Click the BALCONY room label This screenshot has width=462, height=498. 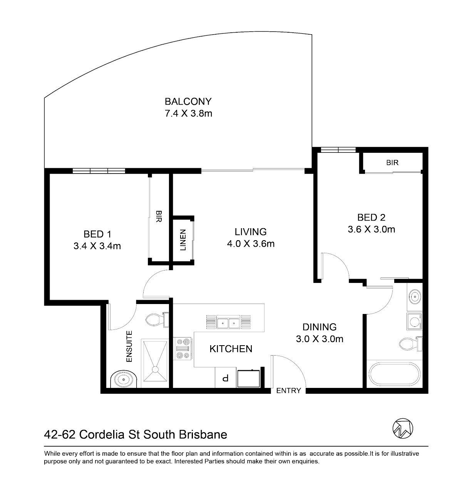[188, 102]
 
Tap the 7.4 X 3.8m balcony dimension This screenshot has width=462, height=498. [188, 114]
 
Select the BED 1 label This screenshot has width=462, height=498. [97, 234]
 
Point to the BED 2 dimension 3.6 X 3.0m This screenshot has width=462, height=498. [372, 229]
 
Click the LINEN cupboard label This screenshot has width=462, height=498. [183, 240]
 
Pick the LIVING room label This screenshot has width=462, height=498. [251, 232]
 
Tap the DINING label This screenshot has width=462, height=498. [320, 327]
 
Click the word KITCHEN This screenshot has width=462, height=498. [231, 349]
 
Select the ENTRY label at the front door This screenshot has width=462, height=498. [289, 390]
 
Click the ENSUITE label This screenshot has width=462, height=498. [129, 346]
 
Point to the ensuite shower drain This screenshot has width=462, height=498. [155, 369]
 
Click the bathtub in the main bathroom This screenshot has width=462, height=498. [395, 374]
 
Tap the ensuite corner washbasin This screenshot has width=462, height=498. [124, 379]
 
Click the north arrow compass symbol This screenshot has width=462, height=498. [403, 428]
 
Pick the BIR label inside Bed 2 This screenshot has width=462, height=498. [392, 163]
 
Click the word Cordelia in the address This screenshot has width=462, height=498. [102, 435]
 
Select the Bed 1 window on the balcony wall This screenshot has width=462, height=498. [99, 171]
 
